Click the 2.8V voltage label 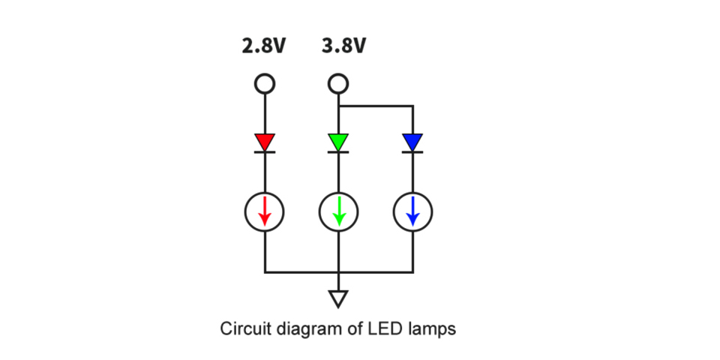263,46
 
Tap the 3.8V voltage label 343,46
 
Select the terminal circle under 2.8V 264,82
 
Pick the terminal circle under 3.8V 339,82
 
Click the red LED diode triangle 264,142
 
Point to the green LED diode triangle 339,142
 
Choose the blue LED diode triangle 412,142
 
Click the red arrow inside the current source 264,211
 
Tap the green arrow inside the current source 339,211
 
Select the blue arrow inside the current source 412,211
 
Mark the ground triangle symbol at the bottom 339,299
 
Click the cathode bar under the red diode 264,152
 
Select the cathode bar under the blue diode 412,152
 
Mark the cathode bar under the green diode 339,152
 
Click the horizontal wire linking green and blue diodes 376,106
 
